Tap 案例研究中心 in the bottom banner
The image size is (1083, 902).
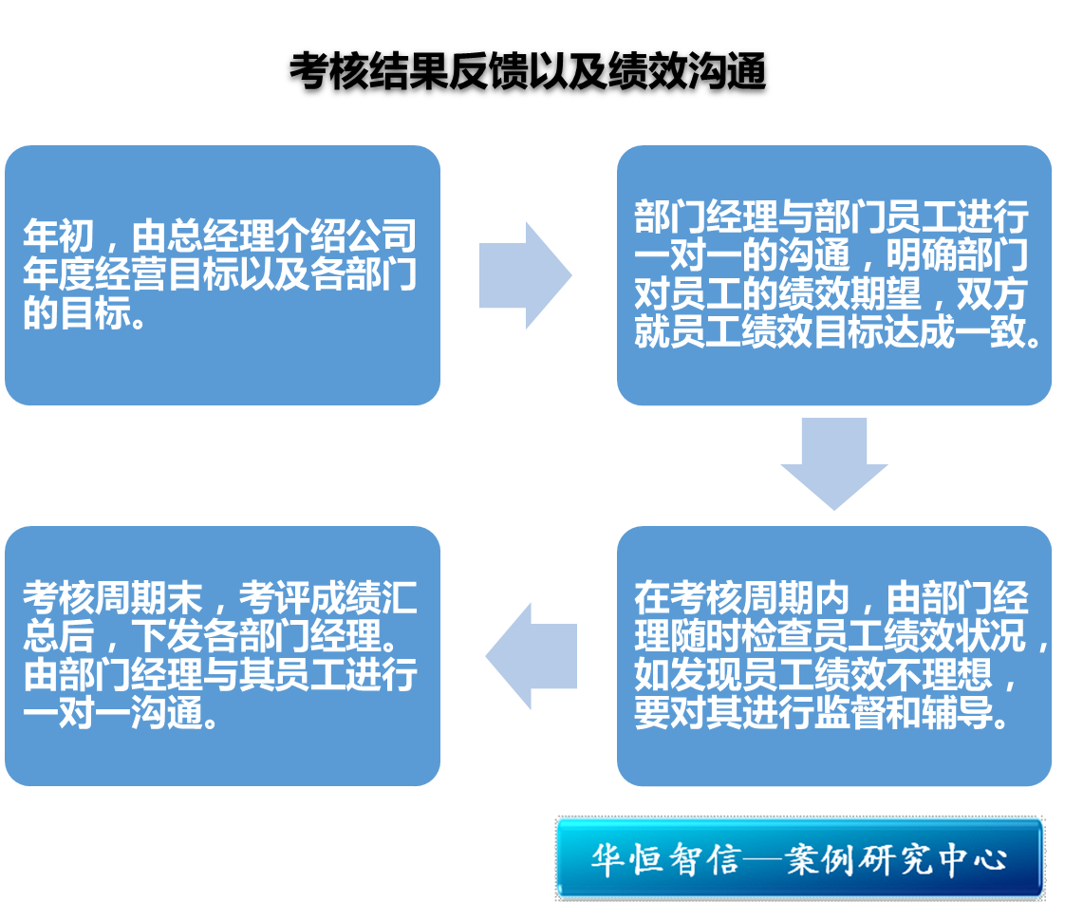(x=903, y=859)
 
